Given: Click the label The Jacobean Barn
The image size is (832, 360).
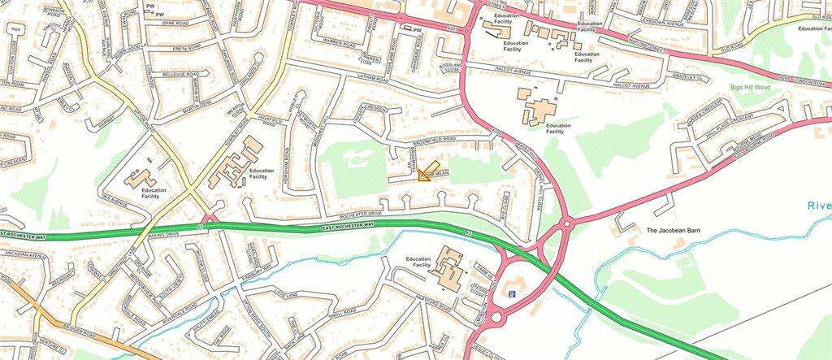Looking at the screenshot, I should pos(674,231).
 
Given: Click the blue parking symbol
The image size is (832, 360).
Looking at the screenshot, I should pos(511,293).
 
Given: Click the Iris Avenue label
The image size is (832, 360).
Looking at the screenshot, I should pos(116,197).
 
